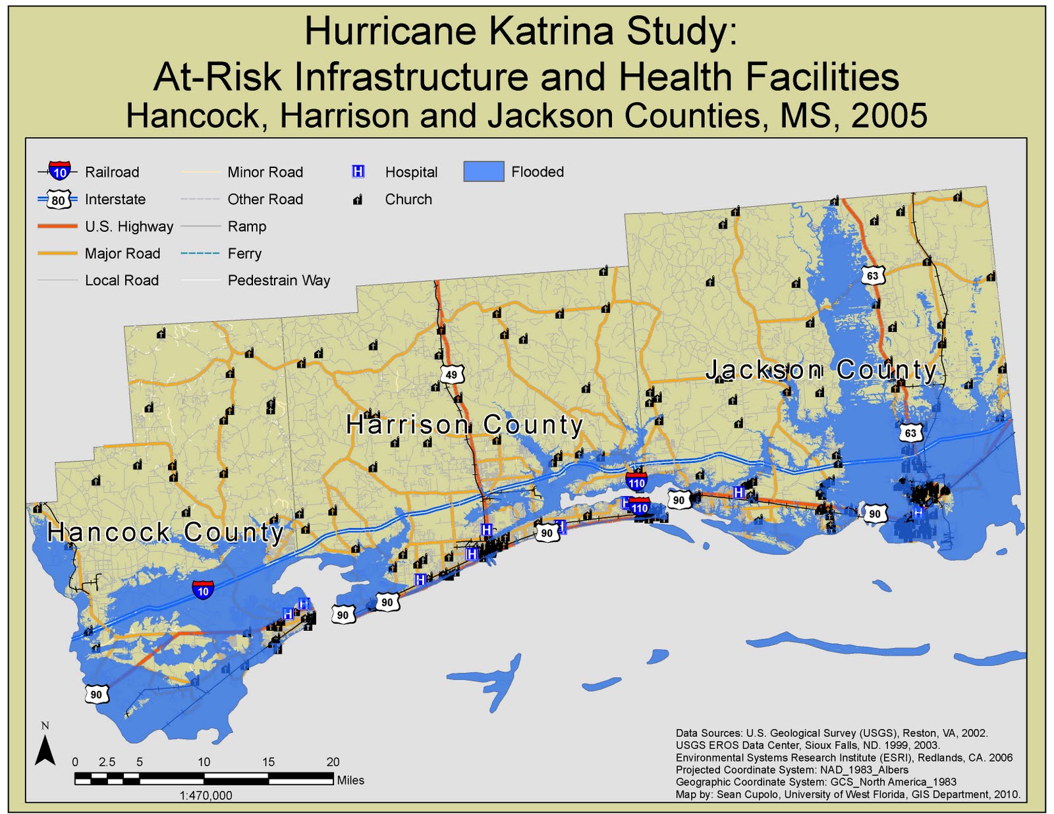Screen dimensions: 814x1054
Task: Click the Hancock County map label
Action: (x=165, y=532)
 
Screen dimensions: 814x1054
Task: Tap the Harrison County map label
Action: (x=464, y=425)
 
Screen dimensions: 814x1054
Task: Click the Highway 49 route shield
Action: (x=451, y=375)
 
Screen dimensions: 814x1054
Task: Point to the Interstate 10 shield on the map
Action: (x=203, y=589)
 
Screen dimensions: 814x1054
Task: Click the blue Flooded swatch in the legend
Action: (x=484, y=171)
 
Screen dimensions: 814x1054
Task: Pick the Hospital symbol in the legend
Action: (x=358, y=171)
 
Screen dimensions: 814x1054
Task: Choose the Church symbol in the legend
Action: (x=358, y=200)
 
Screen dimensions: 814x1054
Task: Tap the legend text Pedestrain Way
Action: (x=279, y=281)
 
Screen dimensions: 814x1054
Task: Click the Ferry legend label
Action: (x=244, y=254)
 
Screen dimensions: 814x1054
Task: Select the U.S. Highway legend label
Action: (x=129, y=227)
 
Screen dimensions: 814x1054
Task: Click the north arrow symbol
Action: (x=45, y=749)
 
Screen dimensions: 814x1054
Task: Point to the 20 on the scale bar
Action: (x=333, y=762)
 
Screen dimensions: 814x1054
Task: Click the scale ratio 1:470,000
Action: (x=206, y=796)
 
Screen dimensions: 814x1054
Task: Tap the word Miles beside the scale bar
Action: (x=350, y=780)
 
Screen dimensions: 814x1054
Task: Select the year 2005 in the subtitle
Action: (x=889, y=116)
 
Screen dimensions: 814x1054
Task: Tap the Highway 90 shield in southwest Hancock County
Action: (x=96, y=694)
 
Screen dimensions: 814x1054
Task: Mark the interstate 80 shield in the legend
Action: (x=59, y=200)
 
